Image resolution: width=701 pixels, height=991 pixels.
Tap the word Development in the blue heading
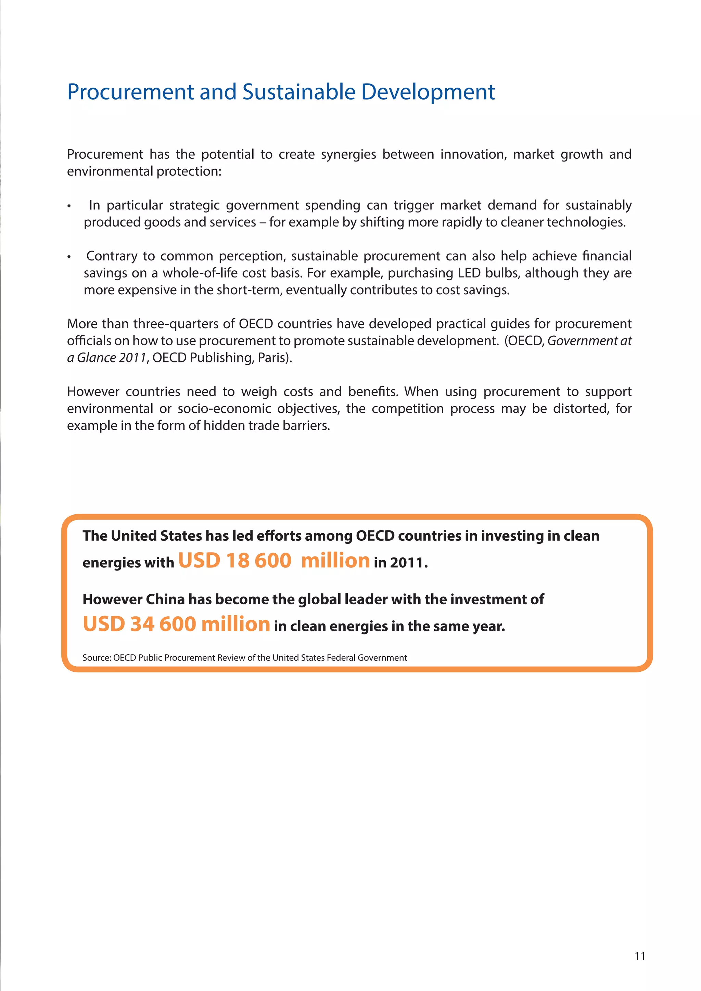coord(428,92)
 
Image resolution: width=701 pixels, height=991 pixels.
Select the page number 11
coord(640,956)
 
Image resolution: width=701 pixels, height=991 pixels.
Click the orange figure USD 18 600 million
coord(274,561)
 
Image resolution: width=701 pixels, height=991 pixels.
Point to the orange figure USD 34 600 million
coord(176,624)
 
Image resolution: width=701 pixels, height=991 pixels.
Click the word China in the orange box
coord(165,600)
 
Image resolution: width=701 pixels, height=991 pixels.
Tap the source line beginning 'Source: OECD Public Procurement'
coord(244,657)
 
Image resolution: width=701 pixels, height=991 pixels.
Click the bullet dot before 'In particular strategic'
coord(69,206)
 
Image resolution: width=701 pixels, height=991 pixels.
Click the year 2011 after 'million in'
coord(407,563)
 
